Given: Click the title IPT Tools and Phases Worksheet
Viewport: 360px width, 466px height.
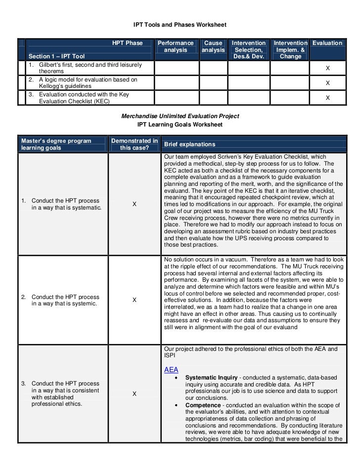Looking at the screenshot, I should [x=180, y=24].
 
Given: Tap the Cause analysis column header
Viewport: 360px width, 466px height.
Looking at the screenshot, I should [x=213, y=46].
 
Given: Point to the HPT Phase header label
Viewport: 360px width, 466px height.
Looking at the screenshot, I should [x=127, y=43].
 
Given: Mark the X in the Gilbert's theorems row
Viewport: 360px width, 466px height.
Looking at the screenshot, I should [x=327, y=69].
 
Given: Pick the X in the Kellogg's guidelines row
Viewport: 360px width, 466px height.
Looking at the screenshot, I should [x=327, y=84].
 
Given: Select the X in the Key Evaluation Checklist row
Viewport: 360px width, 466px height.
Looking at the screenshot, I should [x=327, y=98].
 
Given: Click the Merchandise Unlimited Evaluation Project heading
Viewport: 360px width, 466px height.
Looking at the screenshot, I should [x=180, y=116].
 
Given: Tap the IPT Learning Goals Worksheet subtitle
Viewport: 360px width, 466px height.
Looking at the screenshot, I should [x=180, y=125].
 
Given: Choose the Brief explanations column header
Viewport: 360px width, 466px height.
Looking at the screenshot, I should [x=189, y=144].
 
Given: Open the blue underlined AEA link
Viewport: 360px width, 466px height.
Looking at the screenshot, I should [x=171, y=370].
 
